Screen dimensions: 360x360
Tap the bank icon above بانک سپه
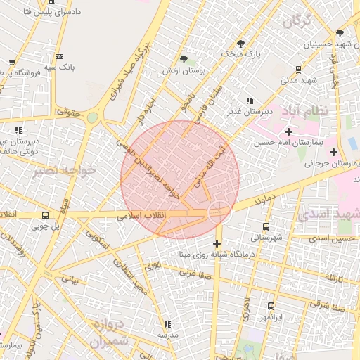(59, 56)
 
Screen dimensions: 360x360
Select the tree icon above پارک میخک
(237, 42)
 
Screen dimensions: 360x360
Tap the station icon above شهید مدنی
(299, 69)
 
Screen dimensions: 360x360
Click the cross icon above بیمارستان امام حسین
(288, 131)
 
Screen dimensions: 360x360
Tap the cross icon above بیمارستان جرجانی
(333, 152)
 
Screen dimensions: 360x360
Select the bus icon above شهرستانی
(266, 226)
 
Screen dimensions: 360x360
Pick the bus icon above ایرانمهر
(271, 307)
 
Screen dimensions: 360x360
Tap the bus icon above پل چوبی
(46, 216)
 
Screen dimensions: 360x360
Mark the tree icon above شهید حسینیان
(340, 33)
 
